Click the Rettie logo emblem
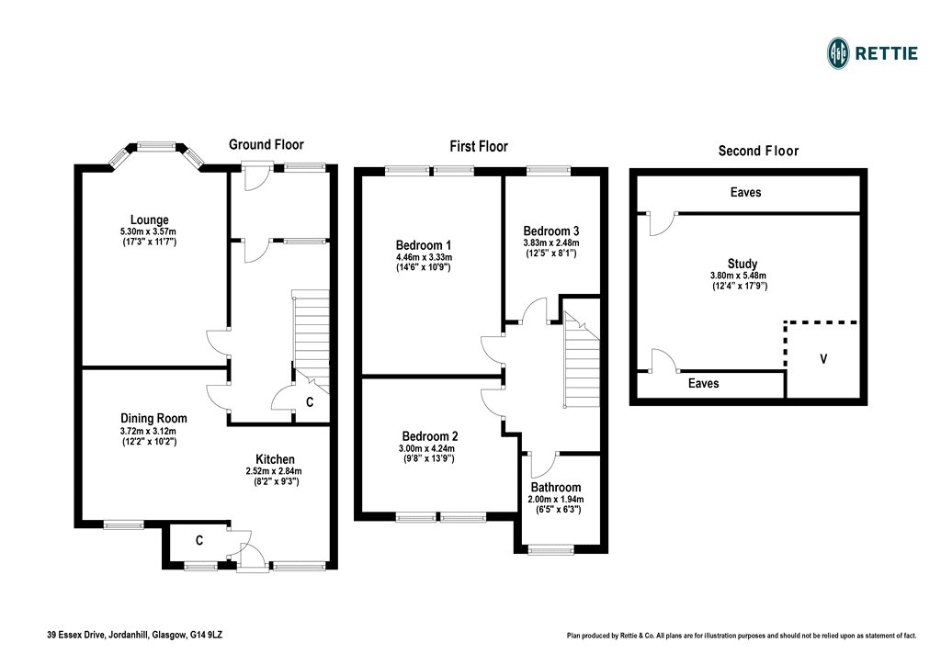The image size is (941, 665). (x=838, y=52)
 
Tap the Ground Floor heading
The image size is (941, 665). (x=266, y=144)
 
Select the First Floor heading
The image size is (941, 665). (x=478, y=146)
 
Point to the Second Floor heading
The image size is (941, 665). (x=758, y=151)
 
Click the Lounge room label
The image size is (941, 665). (x=149, y=220)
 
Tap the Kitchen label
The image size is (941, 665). (x=275, y=459)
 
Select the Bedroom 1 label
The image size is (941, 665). (x=424, y=245)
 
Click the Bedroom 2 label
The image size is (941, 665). (x=429, y=436)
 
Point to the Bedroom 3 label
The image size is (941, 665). (x=550, y=231)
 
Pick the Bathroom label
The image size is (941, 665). (x=555, y=487)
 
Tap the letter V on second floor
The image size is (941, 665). (x=823, y=359)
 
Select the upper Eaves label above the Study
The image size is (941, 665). (x=745, y=193)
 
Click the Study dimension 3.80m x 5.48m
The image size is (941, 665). (x=739, y=276)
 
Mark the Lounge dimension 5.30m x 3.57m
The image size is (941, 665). (x=149, y=231)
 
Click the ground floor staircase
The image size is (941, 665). (x=310, y=334)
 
